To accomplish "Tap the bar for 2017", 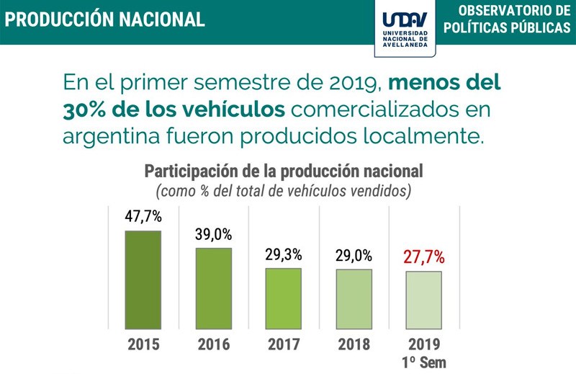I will tap(283, 298).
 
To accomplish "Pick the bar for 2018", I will tap(354, 299).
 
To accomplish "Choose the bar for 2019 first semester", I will tap(423, 300).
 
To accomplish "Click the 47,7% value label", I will tap(143, 215).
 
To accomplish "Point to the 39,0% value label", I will tap(213, 233).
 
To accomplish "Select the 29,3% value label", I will tap(283, 254).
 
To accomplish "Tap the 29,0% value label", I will tap(354, 255).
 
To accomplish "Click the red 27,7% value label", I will tap(423, 257).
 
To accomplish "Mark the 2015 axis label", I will tap(143, 344).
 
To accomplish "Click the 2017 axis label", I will tap(283, 344).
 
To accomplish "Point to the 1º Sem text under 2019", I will tap(423, 362).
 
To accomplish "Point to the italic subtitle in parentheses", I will tap(283, 191).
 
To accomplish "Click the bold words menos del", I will tap(444, 81).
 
